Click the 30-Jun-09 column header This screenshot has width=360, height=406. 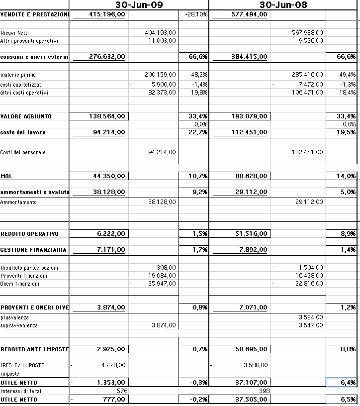coord(139,5)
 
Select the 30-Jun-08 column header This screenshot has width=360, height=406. coord(283,5)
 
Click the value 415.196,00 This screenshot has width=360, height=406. coord(107,14)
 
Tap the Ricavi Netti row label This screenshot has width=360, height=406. coord(14,32)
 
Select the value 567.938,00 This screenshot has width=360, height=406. coord(307,32)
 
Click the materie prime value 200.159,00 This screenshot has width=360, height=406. coord(160,75)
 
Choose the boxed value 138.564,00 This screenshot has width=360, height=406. coord(107,116)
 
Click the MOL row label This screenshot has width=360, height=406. coord(6,176)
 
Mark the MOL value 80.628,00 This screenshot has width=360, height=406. coord(251,176)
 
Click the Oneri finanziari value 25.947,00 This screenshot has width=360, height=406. coord(162,284)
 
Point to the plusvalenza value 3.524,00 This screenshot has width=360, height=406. coord(311,317)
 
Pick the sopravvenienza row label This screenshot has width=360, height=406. coord(18,325)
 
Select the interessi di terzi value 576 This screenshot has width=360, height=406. coord(122,391)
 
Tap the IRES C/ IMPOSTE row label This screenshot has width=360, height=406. coord(22,365)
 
